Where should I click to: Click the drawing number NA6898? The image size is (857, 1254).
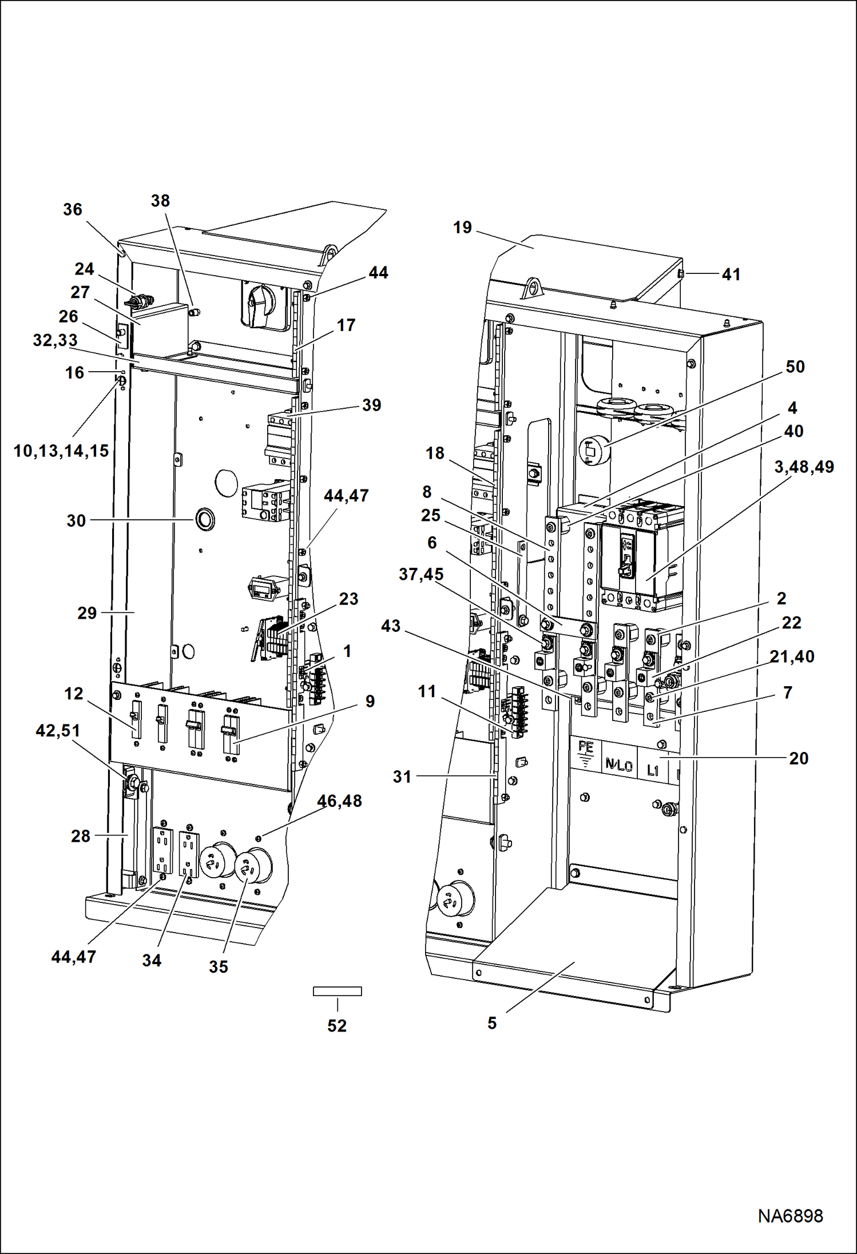click(790, 1216)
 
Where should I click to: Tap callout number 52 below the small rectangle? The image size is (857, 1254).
click(337, 1025)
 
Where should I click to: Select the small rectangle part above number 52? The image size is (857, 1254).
click(337, 991)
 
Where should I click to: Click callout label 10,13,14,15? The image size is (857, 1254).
click(61, 451)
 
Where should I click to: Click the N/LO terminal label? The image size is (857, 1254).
click(618, 764)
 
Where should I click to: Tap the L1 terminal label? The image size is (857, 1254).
click(653, 770)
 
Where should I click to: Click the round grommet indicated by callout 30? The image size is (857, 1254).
click(205, 519)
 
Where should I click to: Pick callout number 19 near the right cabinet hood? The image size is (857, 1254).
click(462, 228)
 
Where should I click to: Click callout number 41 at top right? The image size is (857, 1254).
click(731, 274)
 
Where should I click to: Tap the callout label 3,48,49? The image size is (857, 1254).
click(804, 467)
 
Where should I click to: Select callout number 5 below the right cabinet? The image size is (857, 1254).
click(492, 1023)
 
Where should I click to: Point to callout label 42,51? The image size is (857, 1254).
click(58, 730)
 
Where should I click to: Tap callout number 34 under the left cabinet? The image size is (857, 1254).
click(152, 960)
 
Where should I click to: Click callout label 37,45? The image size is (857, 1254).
click(421, 574)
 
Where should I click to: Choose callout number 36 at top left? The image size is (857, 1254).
click(73, 209)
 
